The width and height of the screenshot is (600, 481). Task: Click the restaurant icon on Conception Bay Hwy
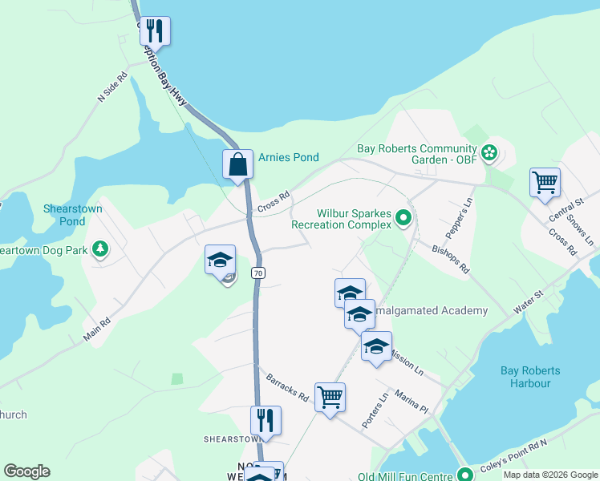155,31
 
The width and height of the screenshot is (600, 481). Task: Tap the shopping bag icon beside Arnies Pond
238,165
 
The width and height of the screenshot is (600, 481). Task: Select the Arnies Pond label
289,158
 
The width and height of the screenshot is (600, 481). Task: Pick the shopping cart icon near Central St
545,182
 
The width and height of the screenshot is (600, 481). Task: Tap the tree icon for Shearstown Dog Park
100,250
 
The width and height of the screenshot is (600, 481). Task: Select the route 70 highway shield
257,273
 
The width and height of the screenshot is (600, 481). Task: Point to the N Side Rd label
112,87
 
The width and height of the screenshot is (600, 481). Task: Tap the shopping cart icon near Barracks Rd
330,396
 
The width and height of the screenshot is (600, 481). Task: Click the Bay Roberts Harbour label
530,377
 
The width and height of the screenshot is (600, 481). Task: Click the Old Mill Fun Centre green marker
463,472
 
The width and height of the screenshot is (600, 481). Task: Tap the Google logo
26,471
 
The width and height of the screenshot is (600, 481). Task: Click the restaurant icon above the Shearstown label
266,419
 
